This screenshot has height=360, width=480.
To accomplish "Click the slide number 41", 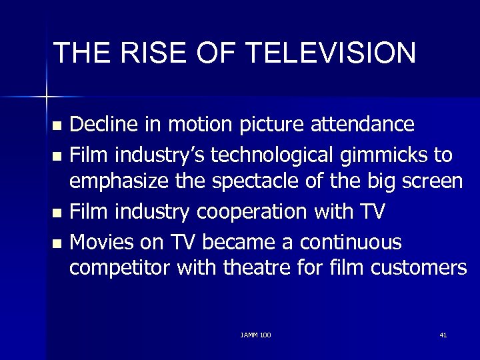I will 443,333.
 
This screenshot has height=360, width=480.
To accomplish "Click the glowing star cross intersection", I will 46,97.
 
